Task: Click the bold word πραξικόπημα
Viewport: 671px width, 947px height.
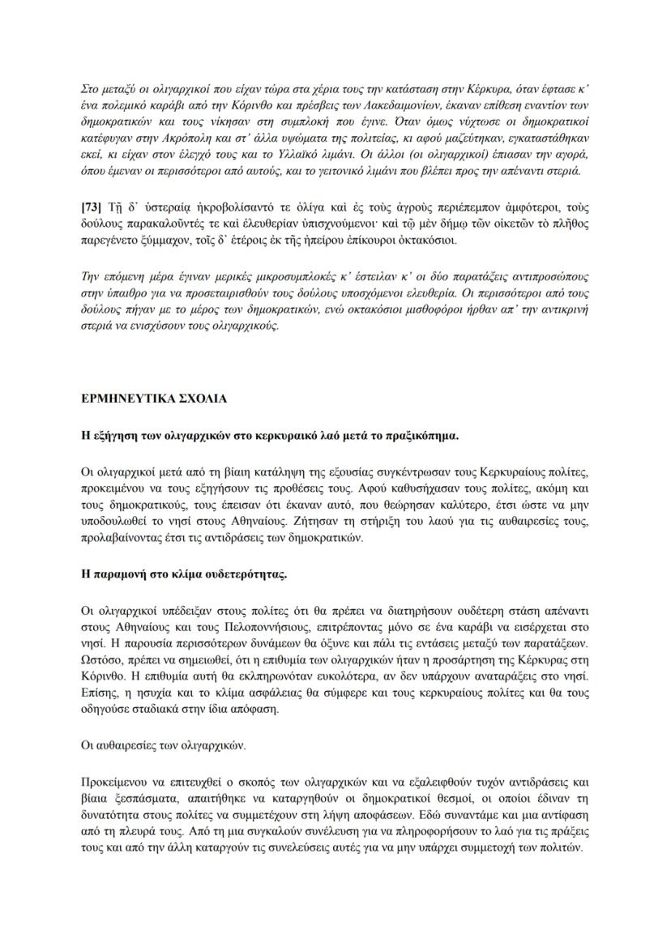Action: coord(422,435)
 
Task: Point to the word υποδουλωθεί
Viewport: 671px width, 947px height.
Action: coord(117,523)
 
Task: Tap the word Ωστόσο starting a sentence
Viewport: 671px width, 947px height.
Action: coord(103,662)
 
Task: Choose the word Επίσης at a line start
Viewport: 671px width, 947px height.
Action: coord(101,697)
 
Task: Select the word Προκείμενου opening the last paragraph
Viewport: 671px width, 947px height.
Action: coord(118,783)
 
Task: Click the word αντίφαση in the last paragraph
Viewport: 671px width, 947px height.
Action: coord(561,818)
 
